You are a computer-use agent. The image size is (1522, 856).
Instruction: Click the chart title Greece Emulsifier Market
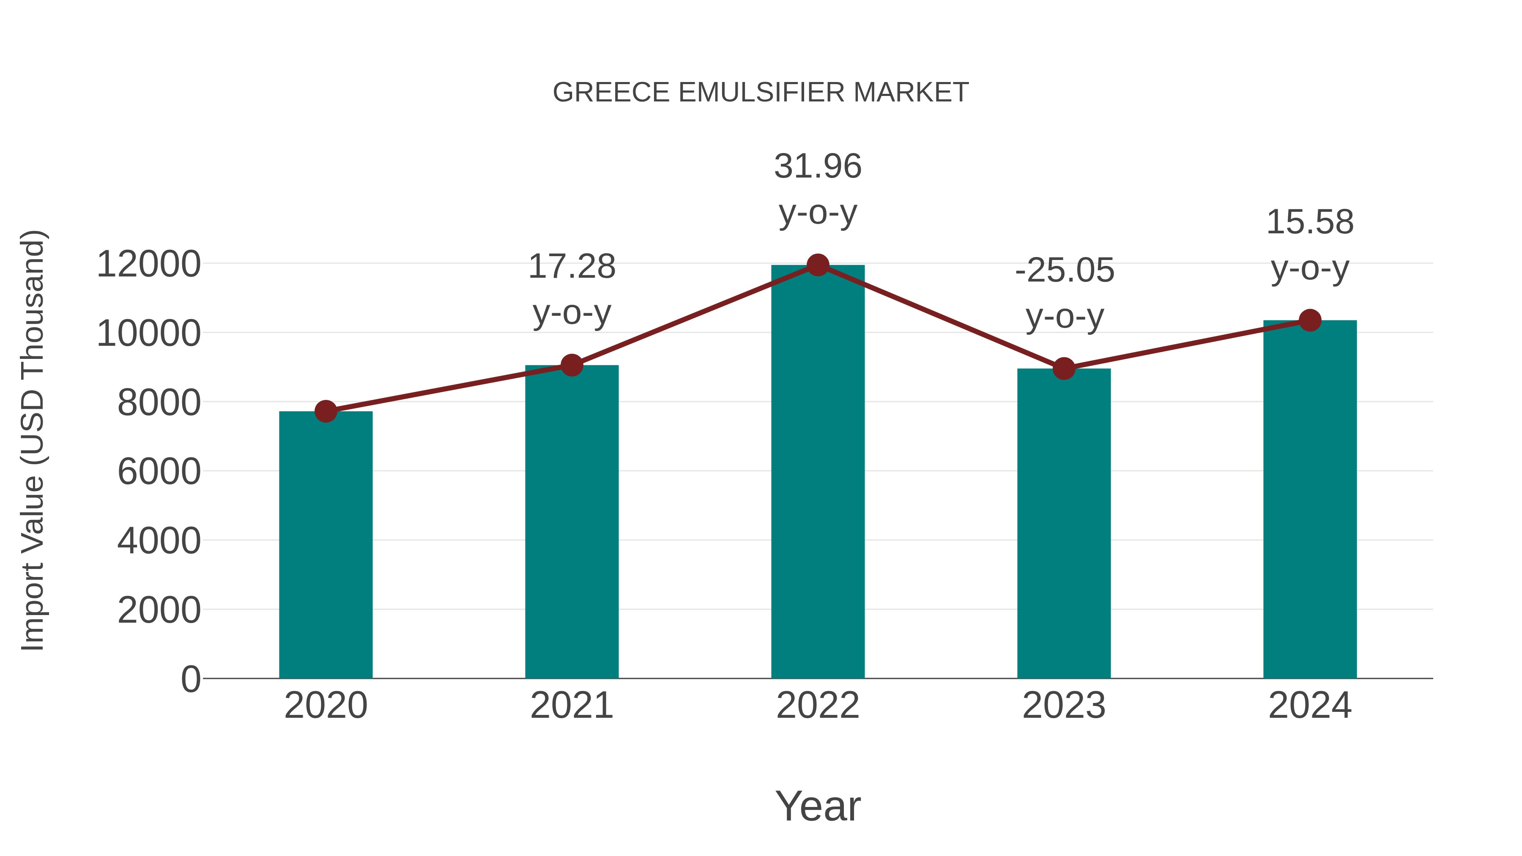point(761,93)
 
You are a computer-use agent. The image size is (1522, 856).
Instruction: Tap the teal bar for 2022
point(818,473)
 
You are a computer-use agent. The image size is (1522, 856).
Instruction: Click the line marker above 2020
point(326,411)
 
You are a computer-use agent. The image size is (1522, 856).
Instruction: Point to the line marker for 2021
point(572,366)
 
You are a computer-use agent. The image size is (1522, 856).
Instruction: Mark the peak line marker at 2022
point(818,265)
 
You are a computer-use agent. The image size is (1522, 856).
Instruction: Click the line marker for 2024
point(1310,320)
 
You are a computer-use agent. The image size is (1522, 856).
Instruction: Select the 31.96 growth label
point(818,167)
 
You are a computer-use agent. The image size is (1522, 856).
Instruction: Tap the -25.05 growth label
point(1064,271)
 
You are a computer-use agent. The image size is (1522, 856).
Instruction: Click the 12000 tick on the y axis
point(148,264)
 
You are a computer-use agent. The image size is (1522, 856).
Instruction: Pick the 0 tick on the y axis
point(191,679)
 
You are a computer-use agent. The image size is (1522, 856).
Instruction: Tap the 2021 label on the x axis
point(572,706)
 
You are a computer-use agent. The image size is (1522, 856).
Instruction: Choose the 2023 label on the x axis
point(1064,706)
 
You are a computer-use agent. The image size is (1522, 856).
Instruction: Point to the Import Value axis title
point(33,440)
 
